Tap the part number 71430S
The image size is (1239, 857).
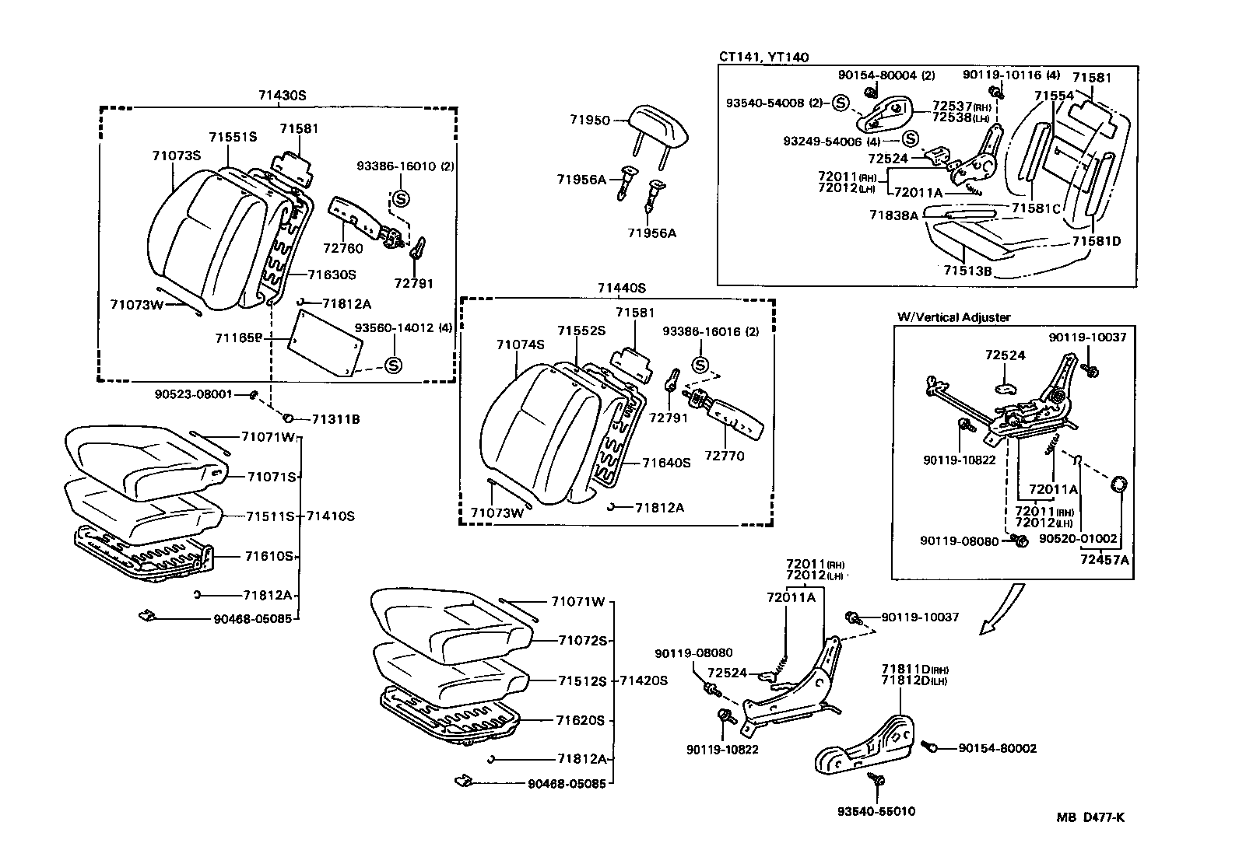[x=283, y=95]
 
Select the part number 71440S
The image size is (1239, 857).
[x=622, y=288]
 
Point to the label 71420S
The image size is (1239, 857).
[x=644, y=680]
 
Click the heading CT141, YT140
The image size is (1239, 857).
[x=763, y=57]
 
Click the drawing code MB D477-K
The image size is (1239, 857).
[x=1090, y=817]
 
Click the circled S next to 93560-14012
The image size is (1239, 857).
[x=393, y=365]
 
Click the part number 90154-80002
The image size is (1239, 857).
[x=997, y=748]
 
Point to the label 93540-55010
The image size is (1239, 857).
[x=876, y=811]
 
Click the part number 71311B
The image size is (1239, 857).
[x=335, y=419]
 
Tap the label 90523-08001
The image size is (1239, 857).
[x=194, y=394]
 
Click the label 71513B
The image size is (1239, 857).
[x=967, y=271]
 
